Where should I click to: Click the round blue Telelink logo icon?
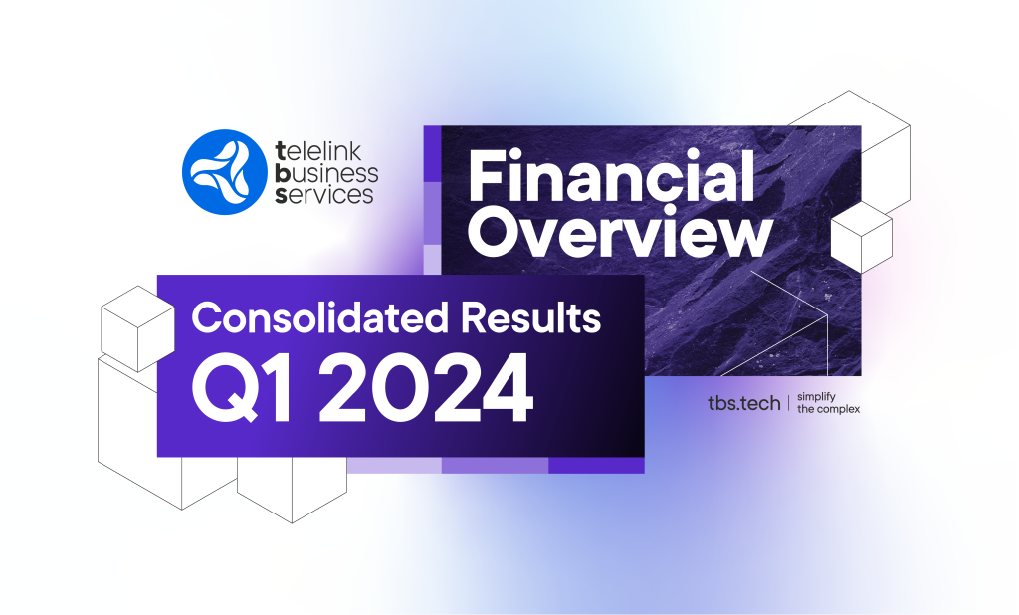[x=224, y=172]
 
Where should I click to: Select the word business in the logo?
[x=326, y=173]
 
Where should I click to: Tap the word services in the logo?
[x=324, y=194]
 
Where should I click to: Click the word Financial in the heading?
[x=611, y=175]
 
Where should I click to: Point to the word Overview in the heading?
[x=620, y=232]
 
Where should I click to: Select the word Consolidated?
[x=320, y=317]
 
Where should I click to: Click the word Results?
[x=531, y=317]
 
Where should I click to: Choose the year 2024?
[x=432, y=389]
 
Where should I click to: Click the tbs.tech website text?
[x=743, y=403]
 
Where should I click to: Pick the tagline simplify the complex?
[x=828, y=402]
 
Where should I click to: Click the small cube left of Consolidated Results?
[x=137, y=328]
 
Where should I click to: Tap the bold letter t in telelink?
[x=281, y=152]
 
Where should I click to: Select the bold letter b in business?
[x=282, y=173]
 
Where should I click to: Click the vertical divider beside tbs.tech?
[x=789, y=402]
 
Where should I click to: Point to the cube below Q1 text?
[x=292, y=489]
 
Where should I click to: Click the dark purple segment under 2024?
[x=597, y=465]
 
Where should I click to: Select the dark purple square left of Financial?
[x=432, y=154]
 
